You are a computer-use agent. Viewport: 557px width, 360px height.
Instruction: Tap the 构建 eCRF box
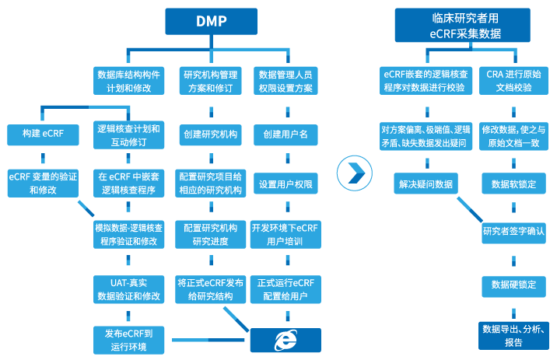tap(44, 135)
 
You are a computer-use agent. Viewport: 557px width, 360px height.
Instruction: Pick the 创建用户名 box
tap(286, 135)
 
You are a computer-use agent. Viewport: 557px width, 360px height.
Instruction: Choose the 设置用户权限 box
tap(286, 184)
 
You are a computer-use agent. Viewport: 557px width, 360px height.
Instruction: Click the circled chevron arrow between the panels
tap(355, 172)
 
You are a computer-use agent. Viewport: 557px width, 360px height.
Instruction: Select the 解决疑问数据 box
tap(426, 183)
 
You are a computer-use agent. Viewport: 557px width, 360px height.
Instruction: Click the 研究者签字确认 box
tap(513, 231)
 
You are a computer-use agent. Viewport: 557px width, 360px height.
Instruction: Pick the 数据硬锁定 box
tap(513, 285)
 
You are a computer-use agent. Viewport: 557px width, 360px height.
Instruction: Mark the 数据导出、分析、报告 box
tap(513, 335)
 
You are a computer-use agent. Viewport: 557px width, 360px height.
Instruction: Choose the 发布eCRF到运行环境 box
tap(128, 340)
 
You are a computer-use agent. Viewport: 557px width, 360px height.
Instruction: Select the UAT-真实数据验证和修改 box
tap(128, 288)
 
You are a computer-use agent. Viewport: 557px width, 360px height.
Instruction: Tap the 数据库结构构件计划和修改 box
tap(128, 81)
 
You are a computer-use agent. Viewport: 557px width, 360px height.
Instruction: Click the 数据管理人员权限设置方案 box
tap(286, 81)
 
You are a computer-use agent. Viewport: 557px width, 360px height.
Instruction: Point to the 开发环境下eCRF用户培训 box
tap(286, 234)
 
